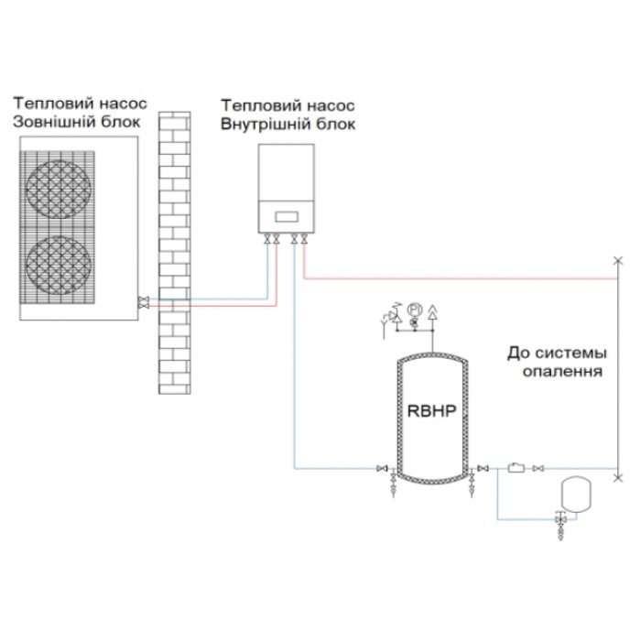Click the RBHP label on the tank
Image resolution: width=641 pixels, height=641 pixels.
click(431, 410)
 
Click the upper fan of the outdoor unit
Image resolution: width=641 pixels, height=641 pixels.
click(59, 189)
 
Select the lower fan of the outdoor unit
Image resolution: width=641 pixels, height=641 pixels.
click(59, 265)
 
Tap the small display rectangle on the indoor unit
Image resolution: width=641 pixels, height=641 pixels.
click(287, 216)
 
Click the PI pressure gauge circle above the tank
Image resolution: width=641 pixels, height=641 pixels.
click(414, 310)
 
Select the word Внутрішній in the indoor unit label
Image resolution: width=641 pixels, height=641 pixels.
click(264, 124)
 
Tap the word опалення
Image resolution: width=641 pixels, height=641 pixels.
click(562, 371)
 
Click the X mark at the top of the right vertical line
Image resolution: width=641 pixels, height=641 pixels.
click(618, 260)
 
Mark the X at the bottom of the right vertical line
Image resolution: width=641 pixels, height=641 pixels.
click(618, 477)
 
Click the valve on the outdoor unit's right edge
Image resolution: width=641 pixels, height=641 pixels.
click(143, 302)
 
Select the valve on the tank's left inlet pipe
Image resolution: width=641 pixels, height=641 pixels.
click(382, 468)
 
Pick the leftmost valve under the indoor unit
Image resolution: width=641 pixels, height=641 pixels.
click(267, 239)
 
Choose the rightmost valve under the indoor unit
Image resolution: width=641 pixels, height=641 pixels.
click(304, 239)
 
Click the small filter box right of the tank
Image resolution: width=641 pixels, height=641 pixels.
click(516, 467)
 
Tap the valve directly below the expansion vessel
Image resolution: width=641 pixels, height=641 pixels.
click(560, 519)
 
